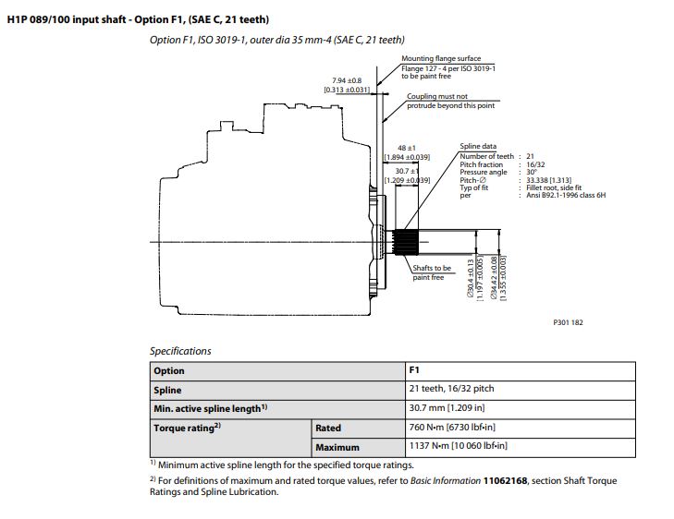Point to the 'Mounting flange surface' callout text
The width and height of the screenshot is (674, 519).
[441, 58]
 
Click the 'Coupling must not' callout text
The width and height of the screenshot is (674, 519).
[437, 96]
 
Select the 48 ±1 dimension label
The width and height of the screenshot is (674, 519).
[406, 148]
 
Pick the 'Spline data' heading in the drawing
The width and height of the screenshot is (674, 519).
[478, 147]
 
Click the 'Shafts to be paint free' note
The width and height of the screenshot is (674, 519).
[431, 272]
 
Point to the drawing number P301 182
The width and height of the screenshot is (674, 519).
[568, 322]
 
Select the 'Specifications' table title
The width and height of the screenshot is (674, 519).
[180, 351]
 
